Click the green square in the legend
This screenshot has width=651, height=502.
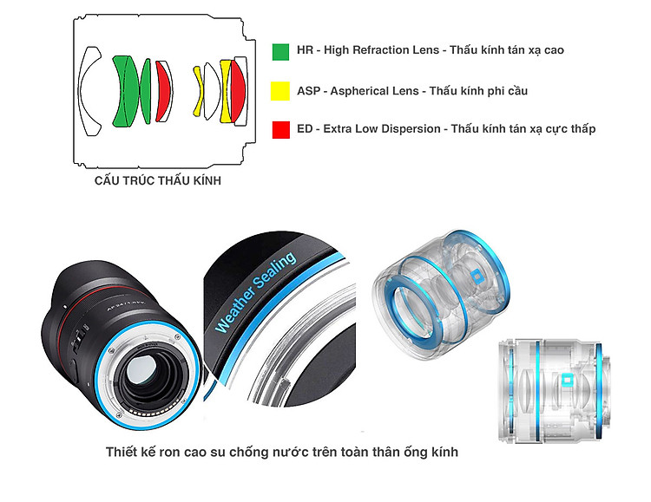(280, 52)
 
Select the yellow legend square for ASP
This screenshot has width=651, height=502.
(280, 91)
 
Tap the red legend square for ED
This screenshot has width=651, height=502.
(281, 129)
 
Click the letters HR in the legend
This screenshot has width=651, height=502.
(305, 50)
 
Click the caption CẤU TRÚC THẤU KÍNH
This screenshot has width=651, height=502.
(158, 180)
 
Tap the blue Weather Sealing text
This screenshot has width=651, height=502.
(255, 292)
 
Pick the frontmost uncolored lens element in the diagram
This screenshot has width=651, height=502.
(89, 91)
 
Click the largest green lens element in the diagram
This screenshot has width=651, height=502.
(125, 91)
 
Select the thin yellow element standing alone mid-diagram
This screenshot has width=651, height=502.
(199, 91)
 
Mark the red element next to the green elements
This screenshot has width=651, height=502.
(163, 91)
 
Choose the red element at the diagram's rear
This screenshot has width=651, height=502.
(238, 91)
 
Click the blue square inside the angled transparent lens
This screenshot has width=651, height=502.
(477, 277)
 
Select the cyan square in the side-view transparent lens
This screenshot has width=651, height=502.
(566, 381)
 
